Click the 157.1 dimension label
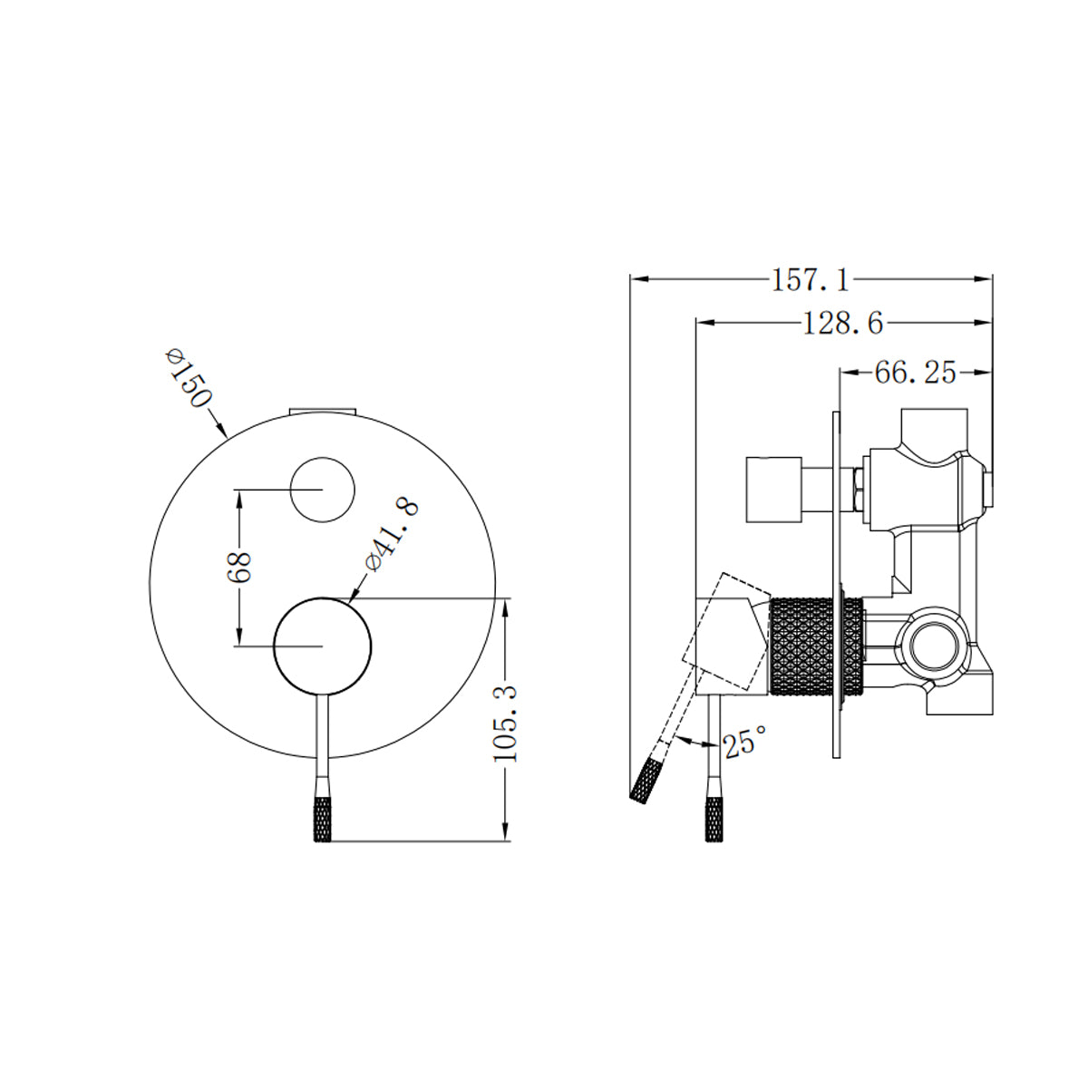pos(811,281)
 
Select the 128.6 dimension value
pos(842,323)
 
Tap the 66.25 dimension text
pos(915,373)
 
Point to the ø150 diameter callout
pos(189,377)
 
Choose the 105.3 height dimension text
pos(507,723)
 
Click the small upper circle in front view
pos(322,490)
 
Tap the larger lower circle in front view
pos(323,646)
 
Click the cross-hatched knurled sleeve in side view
pos(814,646)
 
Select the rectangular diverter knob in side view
pos(772,490)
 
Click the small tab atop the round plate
pos(323,411)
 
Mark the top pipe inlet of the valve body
pos(935,424)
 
